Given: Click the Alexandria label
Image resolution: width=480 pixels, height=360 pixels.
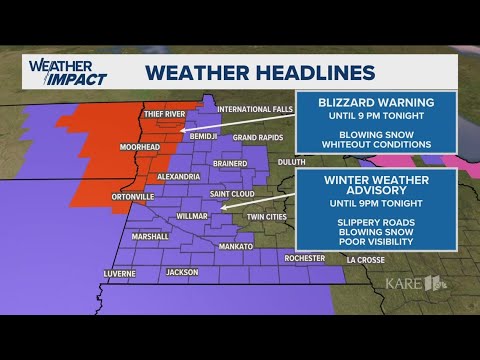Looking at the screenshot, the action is click(x=179, y=175).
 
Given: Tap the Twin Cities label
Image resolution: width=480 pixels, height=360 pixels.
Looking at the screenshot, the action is click(x=268, y=216).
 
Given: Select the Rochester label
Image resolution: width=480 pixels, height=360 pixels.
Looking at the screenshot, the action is click(x=305, y=258).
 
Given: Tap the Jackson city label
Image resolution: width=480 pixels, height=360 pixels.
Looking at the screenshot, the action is click(x=183, y=272).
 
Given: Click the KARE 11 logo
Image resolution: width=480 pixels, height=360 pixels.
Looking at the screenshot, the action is click(x=415, y=283).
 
